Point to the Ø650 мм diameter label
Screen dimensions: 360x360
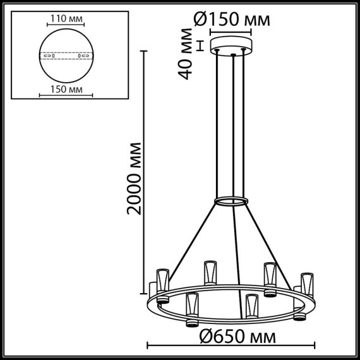coord(231,335)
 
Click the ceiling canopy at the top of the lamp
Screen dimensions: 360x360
coord(233,47)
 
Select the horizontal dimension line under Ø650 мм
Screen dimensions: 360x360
coord(231,345)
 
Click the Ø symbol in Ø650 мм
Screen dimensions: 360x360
coord(198,335)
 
